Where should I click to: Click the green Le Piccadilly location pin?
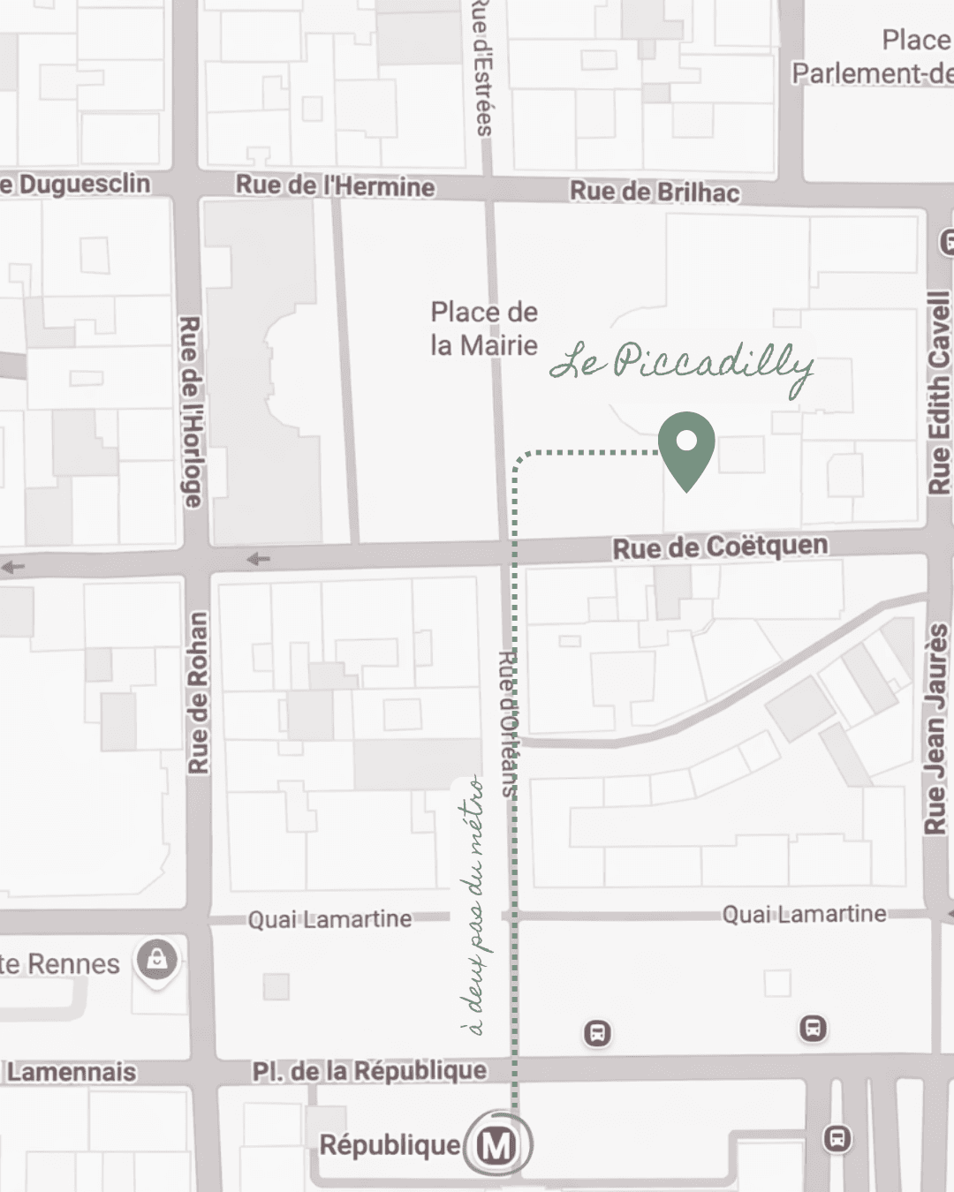coord(686,447)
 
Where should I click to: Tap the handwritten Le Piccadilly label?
coord(681,364)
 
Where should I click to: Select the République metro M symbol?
coord(498,1145)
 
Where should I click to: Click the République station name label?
coord(390,1145)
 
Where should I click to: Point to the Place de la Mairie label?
coord(483,328)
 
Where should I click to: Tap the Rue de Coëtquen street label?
coord(720,547)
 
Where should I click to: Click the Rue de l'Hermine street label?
coord(335,185)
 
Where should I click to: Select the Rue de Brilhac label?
coord(655,192)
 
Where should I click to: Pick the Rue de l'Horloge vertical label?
coord(191,411)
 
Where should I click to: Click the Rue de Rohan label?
coord(199,693)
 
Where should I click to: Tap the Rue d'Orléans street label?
coord(508,724)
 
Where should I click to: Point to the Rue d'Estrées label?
coord(482,66)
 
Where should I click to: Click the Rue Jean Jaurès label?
coord(936,728)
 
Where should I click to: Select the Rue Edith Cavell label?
coord(938,393)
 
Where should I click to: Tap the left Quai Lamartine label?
coord(329,919)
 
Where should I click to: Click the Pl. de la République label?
coord(369,1071)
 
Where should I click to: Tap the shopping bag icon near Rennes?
coord(157,960)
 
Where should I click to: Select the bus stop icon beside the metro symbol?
coord(837,1138)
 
